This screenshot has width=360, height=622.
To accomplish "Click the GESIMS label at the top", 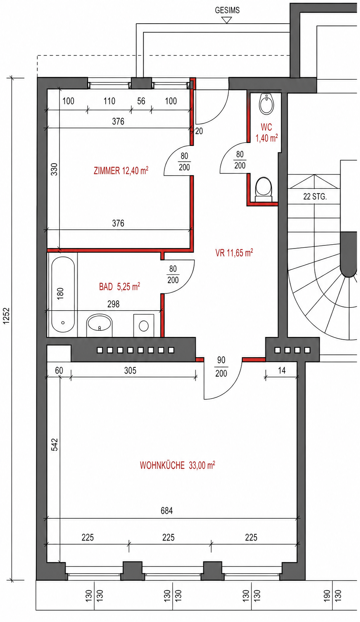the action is pos(227,10).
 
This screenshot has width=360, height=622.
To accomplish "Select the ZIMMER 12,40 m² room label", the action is pos(121,170).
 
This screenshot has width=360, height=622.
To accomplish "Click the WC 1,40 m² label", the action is pos(267,133).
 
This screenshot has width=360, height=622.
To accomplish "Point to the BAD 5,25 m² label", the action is pos(119,286).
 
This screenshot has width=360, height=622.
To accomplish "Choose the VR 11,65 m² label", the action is pos(234,253).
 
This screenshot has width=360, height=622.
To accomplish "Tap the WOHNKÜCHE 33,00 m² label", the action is pos(177,465).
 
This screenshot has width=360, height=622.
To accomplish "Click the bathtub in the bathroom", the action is pos(63,294).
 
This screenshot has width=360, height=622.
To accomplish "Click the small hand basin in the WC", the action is pos(267,104).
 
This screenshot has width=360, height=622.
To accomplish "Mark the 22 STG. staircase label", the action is pos(315,197).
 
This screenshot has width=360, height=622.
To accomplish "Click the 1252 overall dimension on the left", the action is pos(6,316).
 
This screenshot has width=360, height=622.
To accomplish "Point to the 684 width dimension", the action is pos(167,511).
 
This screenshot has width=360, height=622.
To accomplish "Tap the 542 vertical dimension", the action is pos(55,444).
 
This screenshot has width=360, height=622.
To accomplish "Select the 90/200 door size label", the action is pos(221,367).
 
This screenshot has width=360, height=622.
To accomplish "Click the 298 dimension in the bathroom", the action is pos(113,304).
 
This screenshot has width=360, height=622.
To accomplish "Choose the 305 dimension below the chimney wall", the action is pos(130,370).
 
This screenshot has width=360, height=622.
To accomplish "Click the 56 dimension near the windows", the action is pos(141,101).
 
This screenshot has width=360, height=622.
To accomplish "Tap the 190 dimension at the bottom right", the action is pos(327,596).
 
